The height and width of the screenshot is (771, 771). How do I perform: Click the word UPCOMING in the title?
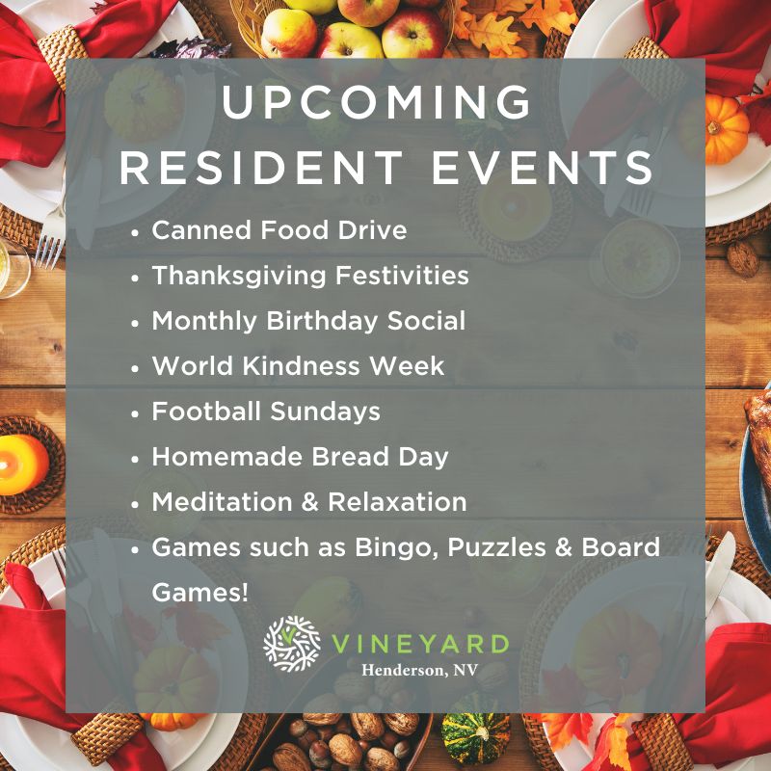pyautogui.click(x=377, y=102)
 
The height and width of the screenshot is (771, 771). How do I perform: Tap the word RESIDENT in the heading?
pyautogui.click(x=261, y=167)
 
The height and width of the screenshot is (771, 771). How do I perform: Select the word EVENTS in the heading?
pyautogui.click(x=543, y=167)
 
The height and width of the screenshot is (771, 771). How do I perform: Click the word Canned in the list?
pyautogui.click(x=201, y=230)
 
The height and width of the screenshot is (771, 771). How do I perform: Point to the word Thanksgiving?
pyautogui.click(x=239, y=277)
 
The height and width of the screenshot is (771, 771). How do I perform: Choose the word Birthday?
pyautogui.click(x=323, y=322)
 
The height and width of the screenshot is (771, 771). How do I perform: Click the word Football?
pyautogui.click(x=206, y=412)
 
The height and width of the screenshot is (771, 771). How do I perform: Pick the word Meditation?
pyautogui.click(x=223, y=502)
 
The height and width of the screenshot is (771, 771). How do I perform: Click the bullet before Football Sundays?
pyautogui.click(x=136, y=413)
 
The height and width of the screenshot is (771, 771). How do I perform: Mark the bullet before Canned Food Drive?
pyautogui.click(x=136, y=232)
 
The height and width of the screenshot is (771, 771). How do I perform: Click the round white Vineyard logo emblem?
pyautogui.click(x=292, y=644)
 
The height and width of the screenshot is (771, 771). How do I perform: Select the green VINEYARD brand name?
pyautogui.click(x=420, y=644)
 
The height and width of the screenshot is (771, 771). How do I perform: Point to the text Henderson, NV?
pyautogui.click(x=420, y=670)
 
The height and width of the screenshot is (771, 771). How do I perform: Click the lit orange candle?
pyautogui.click(x=22, y=465)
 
